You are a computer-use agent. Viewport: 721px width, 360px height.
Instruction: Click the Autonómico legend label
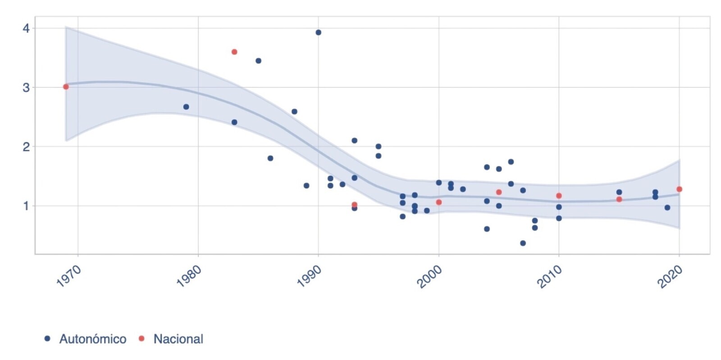click(92, 339)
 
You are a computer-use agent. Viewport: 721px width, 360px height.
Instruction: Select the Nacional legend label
click(178, 339)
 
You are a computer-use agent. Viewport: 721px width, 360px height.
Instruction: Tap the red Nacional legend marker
click(141, 338)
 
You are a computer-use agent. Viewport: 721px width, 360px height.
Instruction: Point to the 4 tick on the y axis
click(26, 28)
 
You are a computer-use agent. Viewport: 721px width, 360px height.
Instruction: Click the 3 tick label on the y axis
click(26, 87)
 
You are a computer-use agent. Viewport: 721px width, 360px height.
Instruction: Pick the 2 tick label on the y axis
click(26, 147)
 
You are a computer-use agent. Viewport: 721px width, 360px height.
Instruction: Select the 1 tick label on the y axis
click(26, 206)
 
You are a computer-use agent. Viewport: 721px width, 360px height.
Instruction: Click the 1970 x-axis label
click(69, 276)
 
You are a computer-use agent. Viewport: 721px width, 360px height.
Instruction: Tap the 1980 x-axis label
click(189, 276)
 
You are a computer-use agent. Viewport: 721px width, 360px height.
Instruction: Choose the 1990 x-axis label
click(309, 276)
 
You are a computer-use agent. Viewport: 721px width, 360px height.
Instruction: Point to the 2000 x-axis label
click(429, 276)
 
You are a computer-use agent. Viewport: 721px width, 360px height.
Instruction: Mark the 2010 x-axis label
click(550, 276)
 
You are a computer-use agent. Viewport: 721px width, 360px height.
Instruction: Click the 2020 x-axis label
click(670, 276)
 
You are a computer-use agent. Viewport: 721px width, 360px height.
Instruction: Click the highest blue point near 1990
click(319, 32)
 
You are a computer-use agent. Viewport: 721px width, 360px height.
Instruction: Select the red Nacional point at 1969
click(66, 87)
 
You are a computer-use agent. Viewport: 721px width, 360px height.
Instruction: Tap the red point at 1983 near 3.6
click(234, 52)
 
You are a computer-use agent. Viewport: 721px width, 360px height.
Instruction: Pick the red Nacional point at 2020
click(680, 189)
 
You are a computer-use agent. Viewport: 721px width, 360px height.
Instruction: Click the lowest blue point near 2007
click(523, 243)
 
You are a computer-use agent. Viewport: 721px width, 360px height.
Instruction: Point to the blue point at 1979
click(186, 107)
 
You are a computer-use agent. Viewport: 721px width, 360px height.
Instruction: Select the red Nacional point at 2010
click(559, 196)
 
